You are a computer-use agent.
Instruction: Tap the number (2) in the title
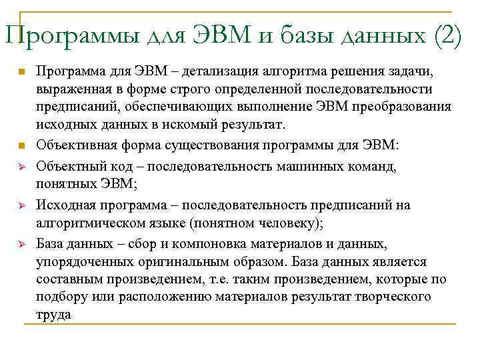coord(447,34)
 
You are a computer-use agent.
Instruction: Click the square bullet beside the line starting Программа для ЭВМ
coord(21,71)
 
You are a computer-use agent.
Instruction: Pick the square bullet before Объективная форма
coord(21,145)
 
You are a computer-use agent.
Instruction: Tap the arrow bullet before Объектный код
coord(21,164)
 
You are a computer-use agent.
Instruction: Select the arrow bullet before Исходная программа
coord(21,205)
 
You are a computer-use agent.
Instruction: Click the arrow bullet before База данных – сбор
coord(21,243)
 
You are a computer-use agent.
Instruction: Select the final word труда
coord(53,315)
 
